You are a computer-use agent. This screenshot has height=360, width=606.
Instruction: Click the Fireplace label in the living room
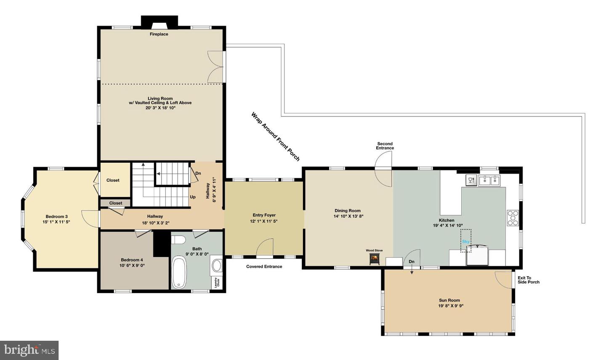(159, 34)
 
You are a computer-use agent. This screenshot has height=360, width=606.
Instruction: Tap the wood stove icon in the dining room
(374, 259)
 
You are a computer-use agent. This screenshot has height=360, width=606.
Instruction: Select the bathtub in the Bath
(179, 273)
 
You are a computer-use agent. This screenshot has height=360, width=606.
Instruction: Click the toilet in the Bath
(178, 240)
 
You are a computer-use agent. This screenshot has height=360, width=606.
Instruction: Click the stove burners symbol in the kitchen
(513, 218)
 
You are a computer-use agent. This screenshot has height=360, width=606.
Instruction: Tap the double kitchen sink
(489, 180)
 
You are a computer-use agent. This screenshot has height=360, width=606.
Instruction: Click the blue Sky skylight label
(465, 241)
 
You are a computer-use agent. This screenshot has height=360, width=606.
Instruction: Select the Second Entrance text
(385, 146)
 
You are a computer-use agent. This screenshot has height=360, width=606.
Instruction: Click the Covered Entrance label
(264, 266)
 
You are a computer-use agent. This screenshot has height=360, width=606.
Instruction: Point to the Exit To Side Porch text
(528, 280)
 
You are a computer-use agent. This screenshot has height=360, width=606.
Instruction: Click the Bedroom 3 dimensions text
(56, 222)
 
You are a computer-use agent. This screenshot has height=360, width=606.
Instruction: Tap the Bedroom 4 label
(132, 260)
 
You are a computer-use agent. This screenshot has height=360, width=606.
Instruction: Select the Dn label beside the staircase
(198, 173)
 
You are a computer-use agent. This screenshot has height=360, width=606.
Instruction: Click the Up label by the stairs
(192, 197)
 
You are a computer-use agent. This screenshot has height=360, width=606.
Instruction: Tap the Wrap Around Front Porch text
(275, 136)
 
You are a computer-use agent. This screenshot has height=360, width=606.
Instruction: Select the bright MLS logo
(29, 350)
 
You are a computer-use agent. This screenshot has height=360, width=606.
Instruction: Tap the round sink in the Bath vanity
(216, 265)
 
